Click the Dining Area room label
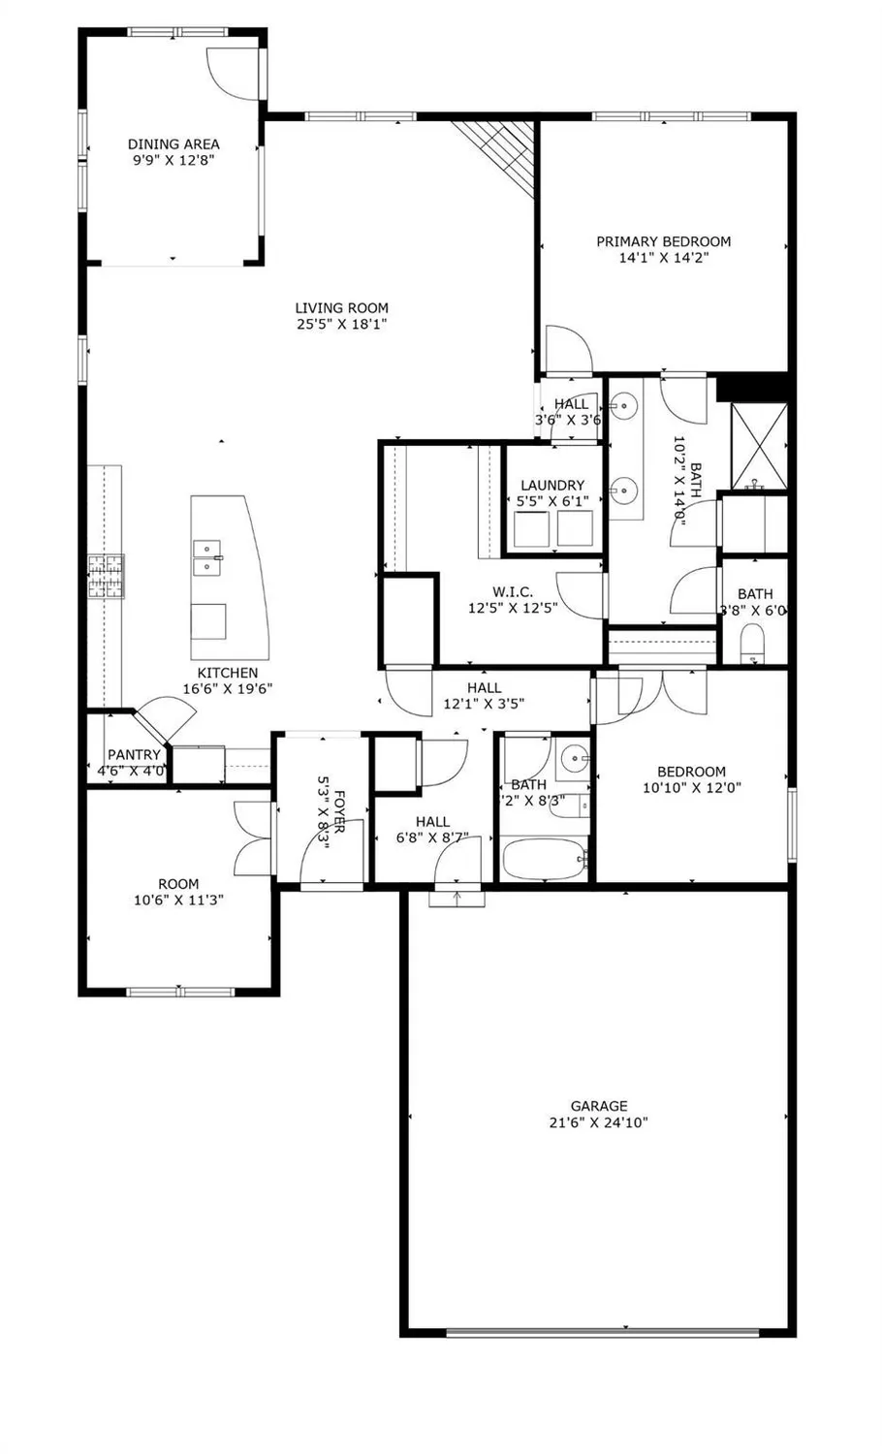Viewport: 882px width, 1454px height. [173, 144]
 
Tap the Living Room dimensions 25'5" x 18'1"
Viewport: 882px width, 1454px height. [341, 325]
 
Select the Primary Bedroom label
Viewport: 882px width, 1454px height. [663, 241]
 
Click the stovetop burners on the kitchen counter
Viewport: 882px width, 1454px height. [106, 576]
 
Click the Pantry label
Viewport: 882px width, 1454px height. [134, 755]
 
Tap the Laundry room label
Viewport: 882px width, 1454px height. [552, 485]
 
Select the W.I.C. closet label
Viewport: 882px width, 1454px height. [512, 591]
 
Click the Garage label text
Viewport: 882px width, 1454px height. [598, 1105]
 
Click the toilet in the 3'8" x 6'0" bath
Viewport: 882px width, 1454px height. [753, 644]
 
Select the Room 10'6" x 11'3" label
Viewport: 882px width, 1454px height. [178, 883]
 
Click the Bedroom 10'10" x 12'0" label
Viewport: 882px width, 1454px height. [691, 772]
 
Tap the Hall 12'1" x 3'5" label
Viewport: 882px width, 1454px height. [484, 687]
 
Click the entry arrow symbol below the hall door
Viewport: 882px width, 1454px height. [457, 899]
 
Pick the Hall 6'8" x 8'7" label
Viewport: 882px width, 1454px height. [432, 821]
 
